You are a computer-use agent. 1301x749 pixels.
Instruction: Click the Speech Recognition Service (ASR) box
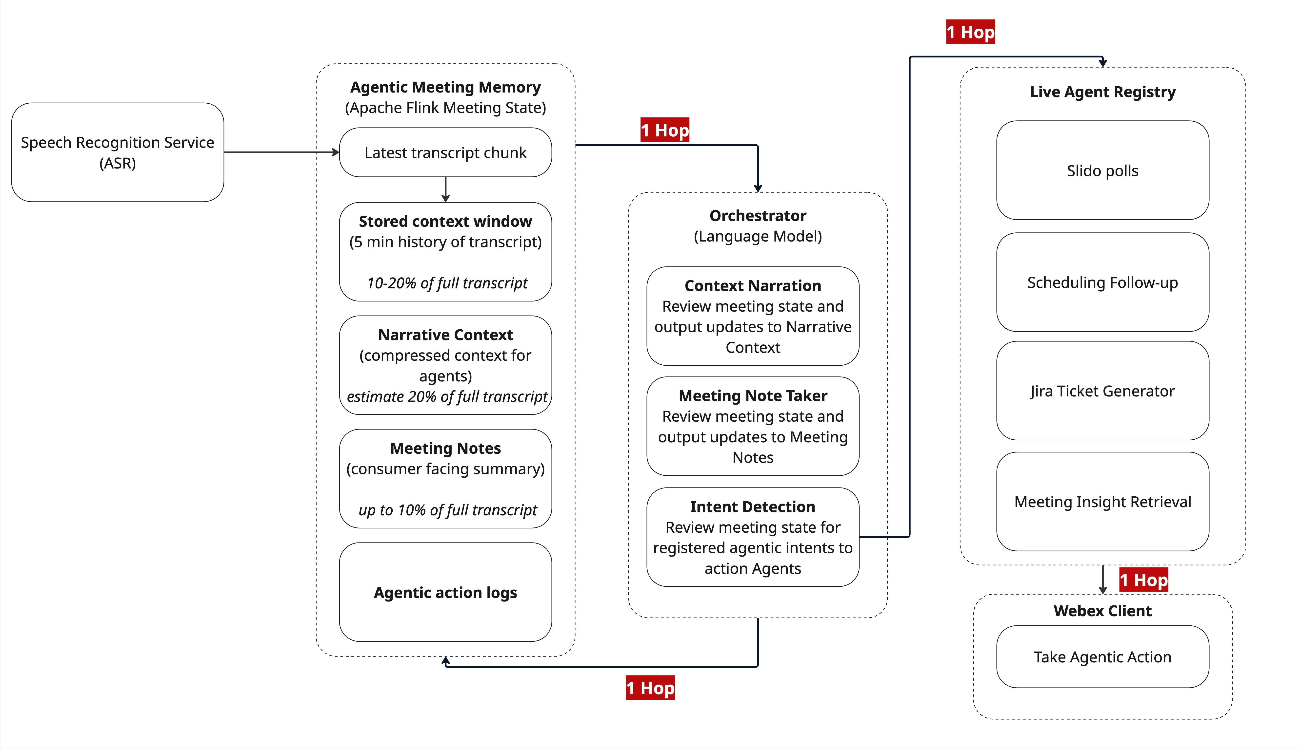117,152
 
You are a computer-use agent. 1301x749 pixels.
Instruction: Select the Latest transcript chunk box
445,153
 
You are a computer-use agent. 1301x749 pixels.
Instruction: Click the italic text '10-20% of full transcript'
447,283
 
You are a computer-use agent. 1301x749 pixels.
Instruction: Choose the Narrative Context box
445,365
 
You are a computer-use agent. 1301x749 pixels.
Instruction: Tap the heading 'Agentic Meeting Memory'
445,87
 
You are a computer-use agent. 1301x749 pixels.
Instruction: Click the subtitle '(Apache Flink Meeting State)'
445,108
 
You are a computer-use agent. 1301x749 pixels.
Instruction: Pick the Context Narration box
753,316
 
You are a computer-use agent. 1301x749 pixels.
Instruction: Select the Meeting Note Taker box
753,426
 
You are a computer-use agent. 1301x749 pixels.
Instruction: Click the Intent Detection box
753,537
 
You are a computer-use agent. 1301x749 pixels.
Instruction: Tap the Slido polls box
1102,170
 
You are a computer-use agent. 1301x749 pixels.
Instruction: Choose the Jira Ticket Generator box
1102,391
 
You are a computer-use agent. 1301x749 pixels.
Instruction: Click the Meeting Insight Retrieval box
1102,502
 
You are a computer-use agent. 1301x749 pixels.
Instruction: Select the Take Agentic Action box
1102,657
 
